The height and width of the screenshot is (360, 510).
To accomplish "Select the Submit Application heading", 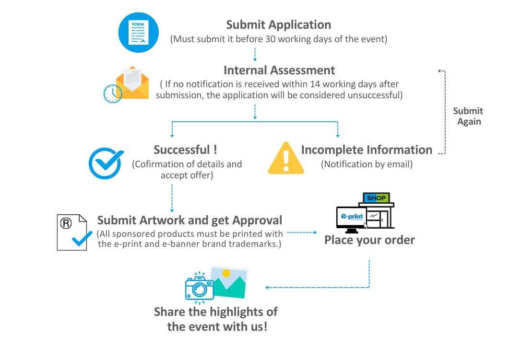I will (278, 25).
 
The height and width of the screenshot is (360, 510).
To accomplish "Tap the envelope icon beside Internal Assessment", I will (132, 82).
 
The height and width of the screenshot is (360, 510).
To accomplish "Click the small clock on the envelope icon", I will (113, 93).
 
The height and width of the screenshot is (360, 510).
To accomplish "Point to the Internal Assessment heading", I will (279, 70).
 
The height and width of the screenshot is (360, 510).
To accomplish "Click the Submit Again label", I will (468, 116).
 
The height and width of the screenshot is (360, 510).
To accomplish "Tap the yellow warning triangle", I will (286, 158).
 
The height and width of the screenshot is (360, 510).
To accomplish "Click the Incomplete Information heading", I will (367, 150).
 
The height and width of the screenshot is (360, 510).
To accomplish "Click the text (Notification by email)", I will (367, 164).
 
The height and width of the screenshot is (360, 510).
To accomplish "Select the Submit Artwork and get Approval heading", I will (190, 221).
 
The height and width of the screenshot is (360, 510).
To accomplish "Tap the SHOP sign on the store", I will (376, 197).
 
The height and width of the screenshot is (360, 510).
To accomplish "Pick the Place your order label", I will (369, 239).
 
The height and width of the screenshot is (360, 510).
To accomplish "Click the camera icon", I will (199, 288).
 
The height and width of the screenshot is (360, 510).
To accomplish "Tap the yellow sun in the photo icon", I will (226, 273).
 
